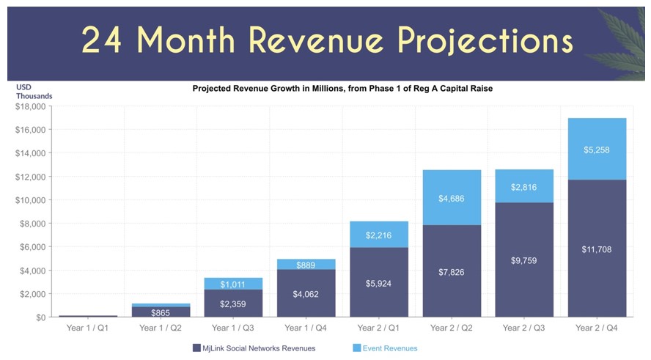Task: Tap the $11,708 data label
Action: coord(597,249)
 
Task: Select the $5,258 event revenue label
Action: coord(597,150)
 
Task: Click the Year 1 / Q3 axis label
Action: coord(233,328)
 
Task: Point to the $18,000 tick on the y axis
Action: coord(30,106)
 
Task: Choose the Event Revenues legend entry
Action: coord(389,348)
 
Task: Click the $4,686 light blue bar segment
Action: coord(452,198)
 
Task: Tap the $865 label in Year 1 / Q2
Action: coord(161,313)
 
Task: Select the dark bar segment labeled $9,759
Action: coord(524,260)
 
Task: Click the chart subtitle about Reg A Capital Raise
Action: coord(342,89)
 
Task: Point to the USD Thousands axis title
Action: coord(34,92)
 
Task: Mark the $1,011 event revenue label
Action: coord(233,284)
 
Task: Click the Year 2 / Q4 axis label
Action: coord(597,328)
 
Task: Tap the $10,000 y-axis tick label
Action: coord(30,200)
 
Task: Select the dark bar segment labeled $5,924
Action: coord(378,282)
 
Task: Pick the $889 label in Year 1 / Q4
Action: coord(306,265)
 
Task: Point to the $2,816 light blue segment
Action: coord(524,186)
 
